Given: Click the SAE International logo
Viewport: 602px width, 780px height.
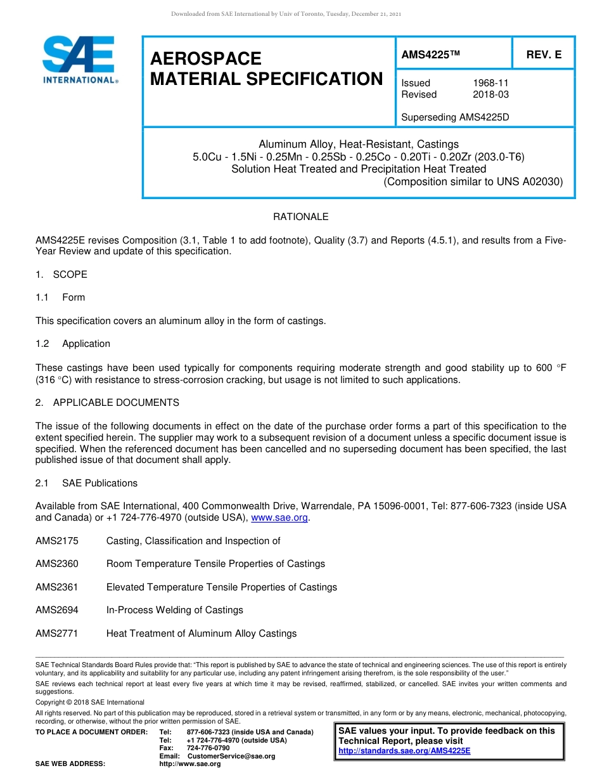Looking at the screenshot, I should (79, 60).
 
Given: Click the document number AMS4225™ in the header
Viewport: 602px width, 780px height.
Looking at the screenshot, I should (430, 55).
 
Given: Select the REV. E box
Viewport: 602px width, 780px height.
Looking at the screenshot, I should (544, 55).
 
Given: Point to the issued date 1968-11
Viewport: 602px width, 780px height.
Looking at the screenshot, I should (490, 83).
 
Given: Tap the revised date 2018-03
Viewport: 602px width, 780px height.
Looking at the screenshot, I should (490, 94).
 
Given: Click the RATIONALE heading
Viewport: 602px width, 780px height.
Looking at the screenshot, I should (300, 217).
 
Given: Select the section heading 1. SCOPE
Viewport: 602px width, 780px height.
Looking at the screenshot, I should (61, 275).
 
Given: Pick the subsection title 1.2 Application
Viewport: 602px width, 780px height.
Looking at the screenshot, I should (73, 344).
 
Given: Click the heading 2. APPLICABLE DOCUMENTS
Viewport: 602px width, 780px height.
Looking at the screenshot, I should (107, 403).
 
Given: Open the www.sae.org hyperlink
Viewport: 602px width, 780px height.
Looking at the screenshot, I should (279, 518).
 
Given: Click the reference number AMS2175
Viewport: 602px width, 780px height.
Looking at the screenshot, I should (57, 541).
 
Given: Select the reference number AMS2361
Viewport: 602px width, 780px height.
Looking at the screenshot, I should (57, 587).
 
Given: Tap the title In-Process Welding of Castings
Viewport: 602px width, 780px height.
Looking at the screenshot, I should (174, 610).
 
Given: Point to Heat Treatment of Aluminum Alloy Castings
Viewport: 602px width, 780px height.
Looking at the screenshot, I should (201, 634).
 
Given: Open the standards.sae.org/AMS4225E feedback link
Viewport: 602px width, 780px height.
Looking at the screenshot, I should (404, 751).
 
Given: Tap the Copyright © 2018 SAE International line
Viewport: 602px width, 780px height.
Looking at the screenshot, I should (90, 702).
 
